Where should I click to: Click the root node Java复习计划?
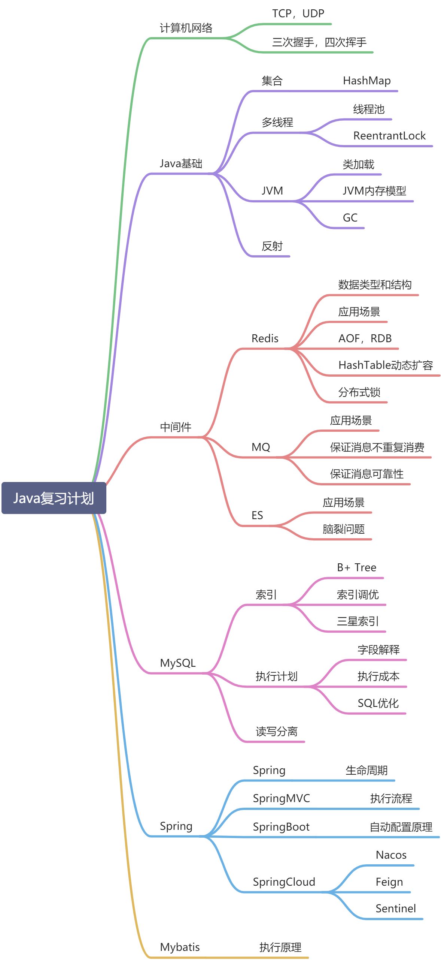point(54,498)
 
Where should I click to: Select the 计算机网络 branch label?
point(186,28)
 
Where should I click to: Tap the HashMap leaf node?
point(367,81)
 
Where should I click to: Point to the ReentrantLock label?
point(389,136)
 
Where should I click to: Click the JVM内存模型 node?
point(374,191)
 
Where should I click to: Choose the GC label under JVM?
point(350,218)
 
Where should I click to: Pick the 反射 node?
point(272,246)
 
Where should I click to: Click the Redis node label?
point(265,338)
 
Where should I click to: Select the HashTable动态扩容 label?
point(386,365)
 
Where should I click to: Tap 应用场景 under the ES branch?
point(343,503)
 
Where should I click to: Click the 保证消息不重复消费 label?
point(377,447)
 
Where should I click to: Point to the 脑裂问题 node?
point(343,529)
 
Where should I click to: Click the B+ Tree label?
point(356,567)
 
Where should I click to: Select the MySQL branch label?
point(177,663)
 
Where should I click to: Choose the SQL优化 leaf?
point(378,703)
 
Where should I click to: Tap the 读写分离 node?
point(276,731)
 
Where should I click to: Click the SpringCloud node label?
point(284,882)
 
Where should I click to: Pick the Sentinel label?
point(395,909)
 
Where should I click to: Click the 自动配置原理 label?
point(401,827)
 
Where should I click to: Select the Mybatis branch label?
point(180,947)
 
